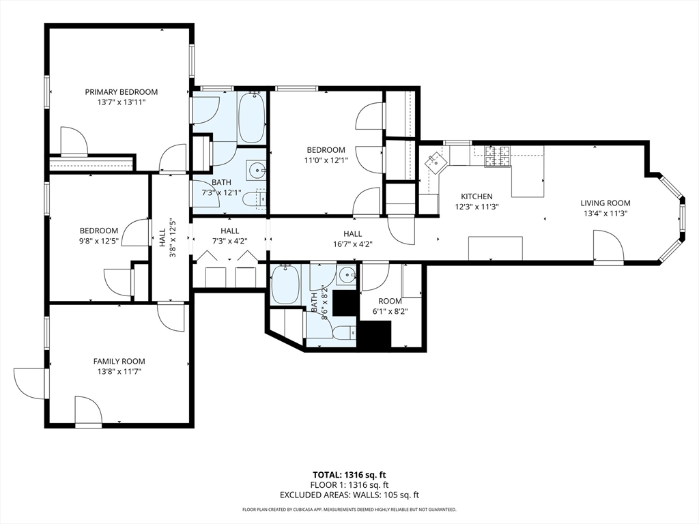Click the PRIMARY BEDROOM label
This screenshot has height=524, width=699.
click(x=122, y=92)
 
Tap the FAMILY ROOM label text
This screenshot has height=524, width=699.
click(x=119, y=362)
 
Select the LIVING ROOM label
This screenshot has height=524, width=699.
click(x=605, y=203)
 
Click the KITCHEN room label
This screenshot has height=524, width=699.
click(x=476, y=196)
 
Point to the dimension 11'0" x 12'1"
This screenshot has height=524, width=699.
click(x=326, y=160)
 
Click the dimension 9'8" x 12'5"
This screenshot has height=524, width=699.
click(x=99, y=241)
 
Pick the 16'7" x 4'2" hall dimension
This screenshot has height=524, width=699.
click(x=353, y=244)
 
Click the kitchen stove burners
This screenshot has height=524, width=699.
click(x=497, y=158)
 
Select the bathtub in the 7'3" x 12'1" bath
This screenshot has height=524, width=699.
click(x=252, y=117)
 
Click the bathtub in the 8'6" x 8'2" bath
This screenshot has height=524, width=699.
click(x=285, y=285)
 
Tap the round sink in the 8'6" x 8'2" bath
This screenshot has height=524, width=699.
click(x=346, y=276)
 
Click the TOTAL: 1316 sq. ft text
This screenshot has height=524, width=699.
click(x=349, y=475)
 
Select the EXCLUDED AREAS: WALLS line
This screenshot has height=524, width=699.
click(x=349, y=495)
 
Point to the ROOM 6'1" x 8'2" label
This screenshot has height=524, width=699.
click(x=390, y=306)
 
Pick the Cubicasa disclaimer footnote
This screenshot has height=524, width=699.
click(x=349, y=509)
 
